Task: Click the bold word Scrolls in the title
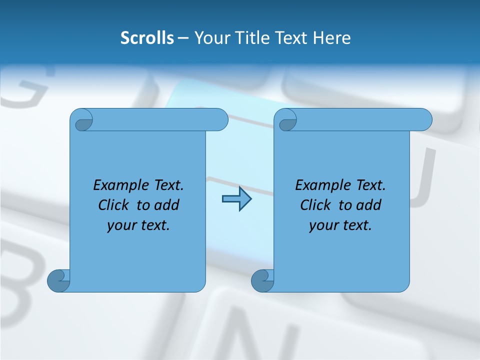147,38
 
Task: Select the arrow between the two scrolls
236,199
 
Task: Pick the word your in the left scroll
120,226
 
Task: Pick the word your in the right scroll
322,226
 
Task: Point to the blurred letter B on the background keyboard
20,280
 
